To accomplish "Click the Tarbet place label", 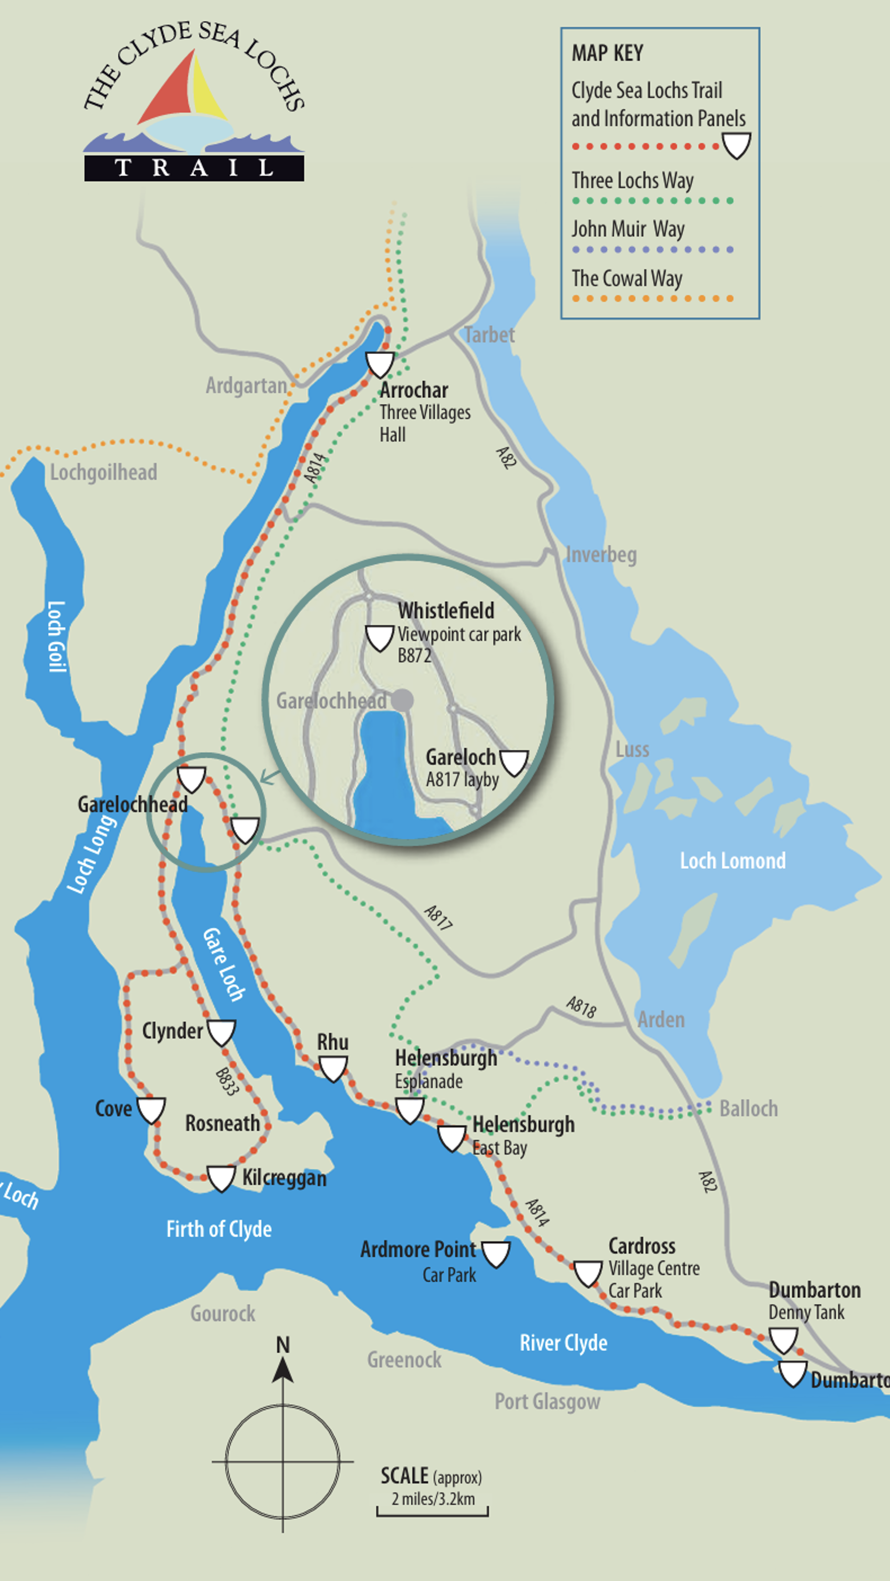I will (x=489, y=335).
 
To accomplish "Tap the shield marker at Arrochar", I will (x=380, y=364).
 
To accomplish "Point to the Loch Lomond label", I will (x=732, y=860).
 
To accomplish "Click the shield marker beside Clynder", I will (x=221, y=1032).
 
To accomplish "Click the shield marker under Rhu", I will (x=333, y=1069).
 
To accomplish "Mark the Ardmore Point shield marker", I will (x=496, y=1254).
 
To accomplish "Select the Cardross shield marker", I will (x=587, y=1273).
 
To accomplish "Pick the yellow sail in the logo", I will (x=208, y=89).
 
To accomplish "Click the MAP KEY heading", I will (x=607, y=53).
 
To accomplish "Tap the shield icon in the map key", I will (x=736, y=145).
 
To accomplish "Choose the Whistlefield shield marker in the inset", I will (x=379, y=638).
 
